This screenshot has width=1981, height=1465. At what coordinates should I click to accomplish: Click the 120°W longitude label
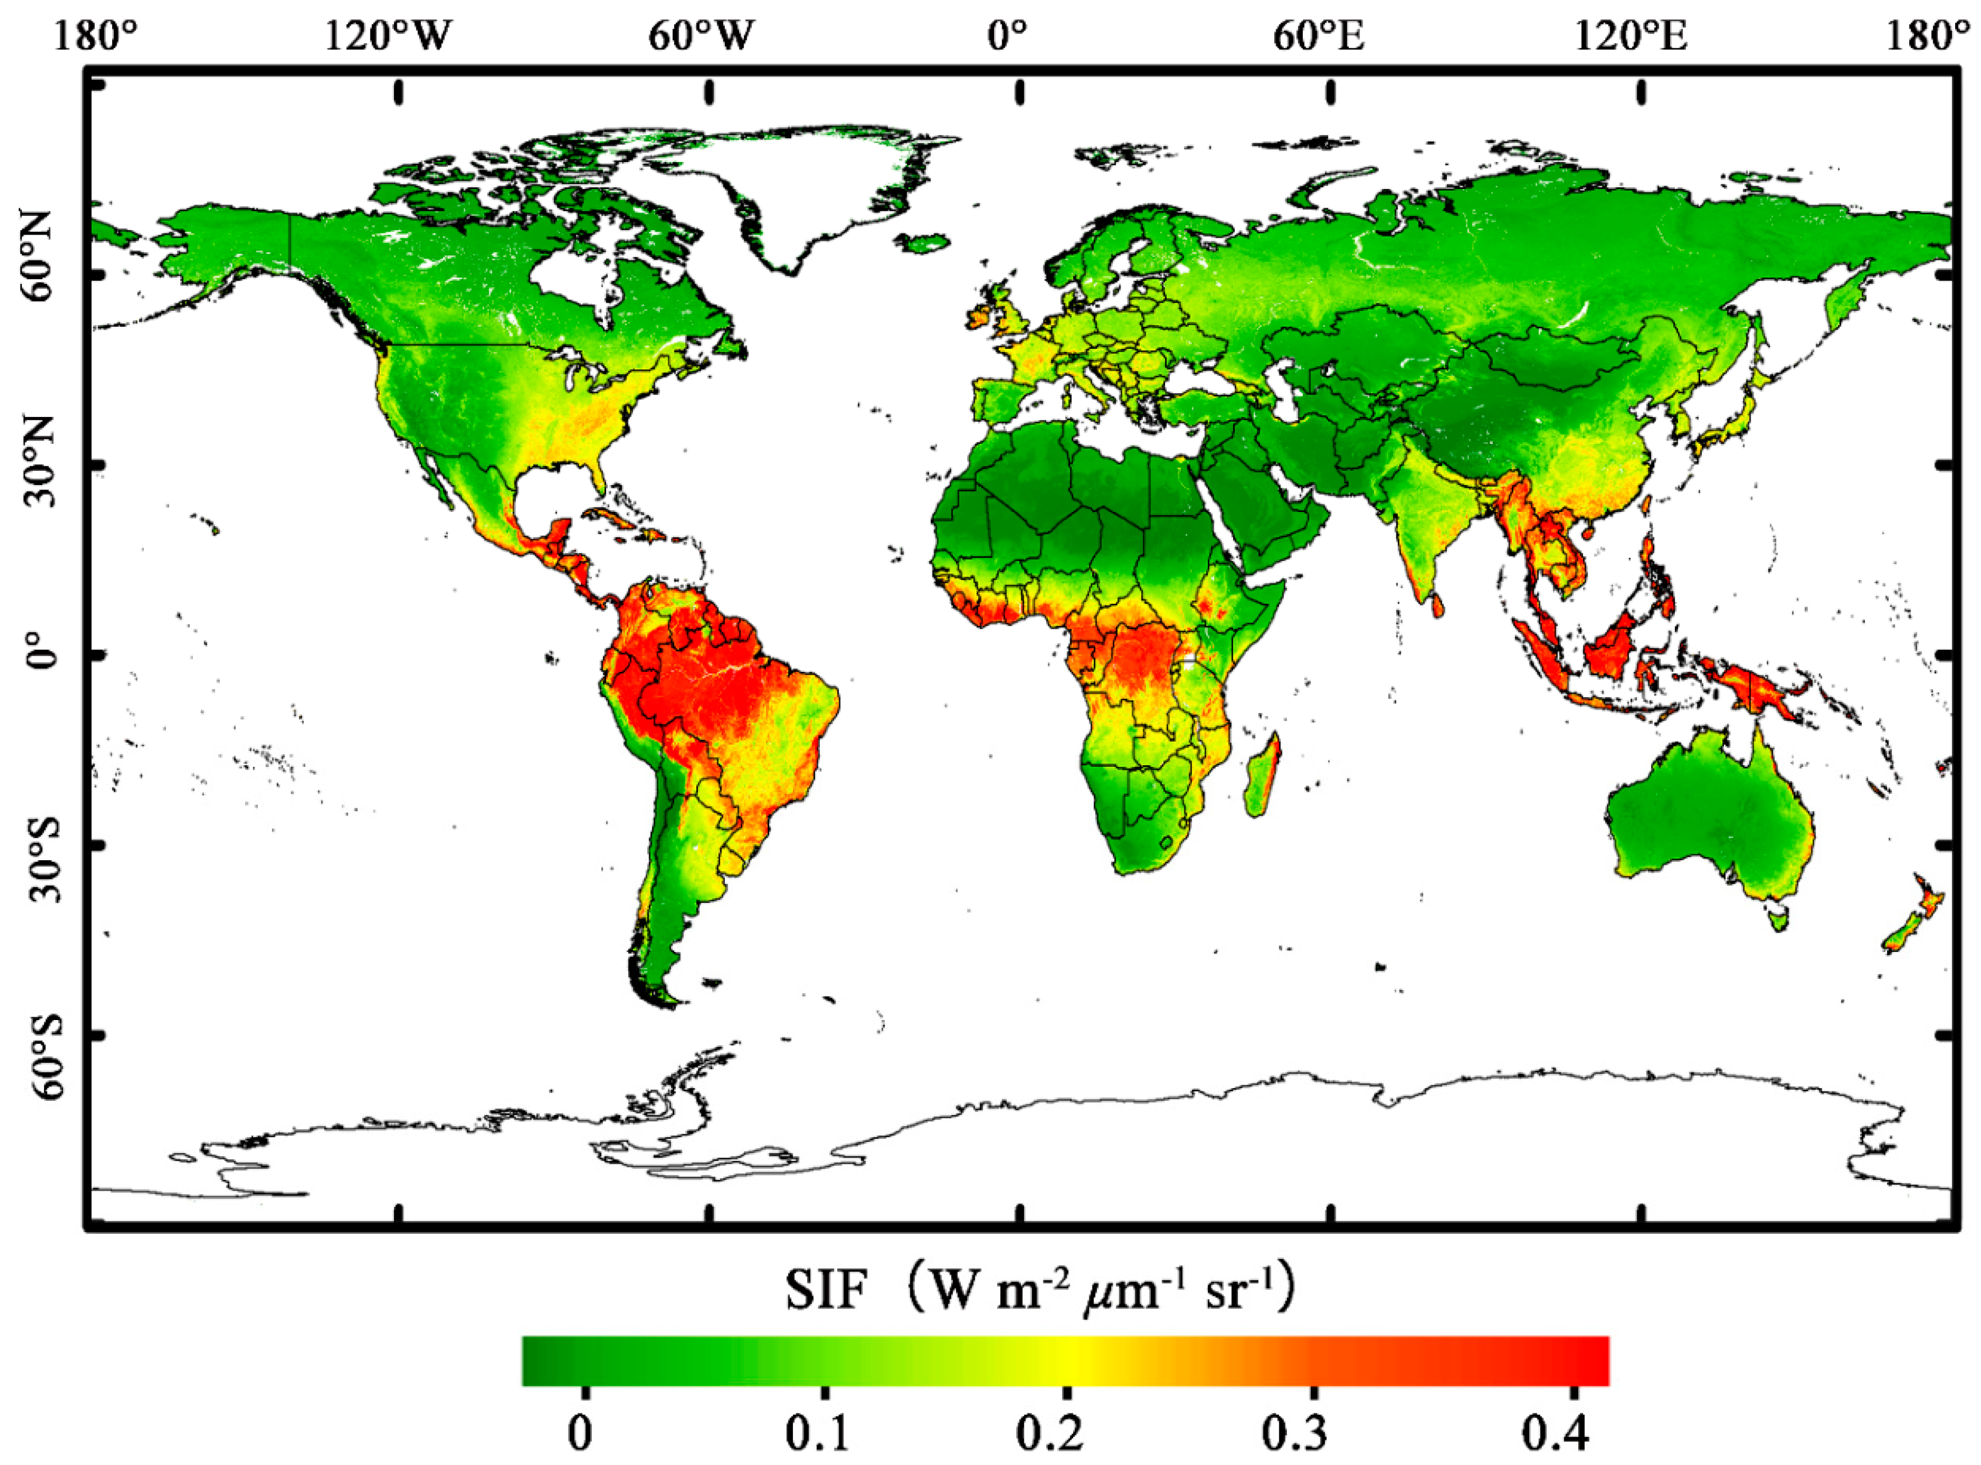pyautogui.click(x=388, y=37)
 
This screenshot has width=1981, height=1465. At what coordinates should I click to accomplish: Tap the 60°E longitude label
pyautogui.click(x=1318, y=37)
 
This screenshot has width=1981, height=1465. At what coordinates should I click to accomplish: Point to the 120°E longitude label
pyautogui.click(x=1630, y=37)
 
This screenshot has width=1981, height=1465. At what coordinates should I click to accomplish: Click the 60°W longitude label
pyautogui.click(x=701, y=37)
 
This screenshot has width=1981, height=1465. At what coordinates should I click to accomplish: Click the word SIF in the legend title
pyautogui.click(x=824, y=1291)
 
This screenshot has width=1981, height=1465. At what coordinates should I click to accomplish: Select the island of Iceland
pyautogui.click(x=923, y=241)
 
